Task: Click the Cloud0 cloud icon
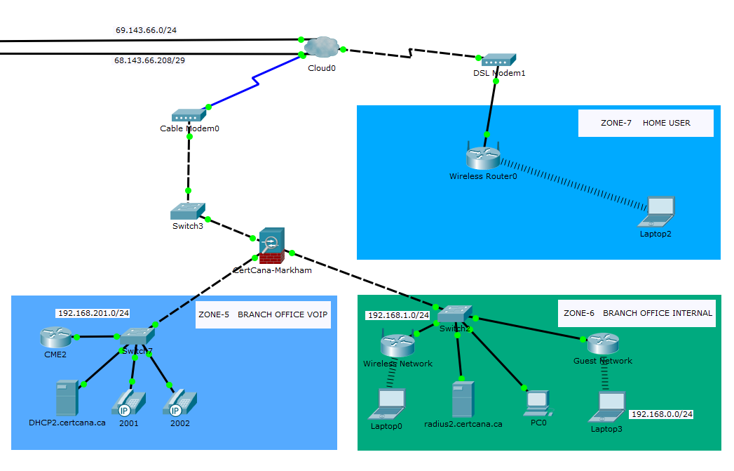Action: [321, 48]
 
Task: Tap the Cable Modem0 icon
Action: [187, 116]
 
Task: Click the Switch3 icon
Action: [187, 211]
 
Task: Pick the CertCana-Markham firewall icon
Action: [271, 245]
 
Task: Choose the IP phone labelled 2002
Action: [175, 403]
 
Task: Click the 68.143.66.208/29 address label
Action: [149, 60]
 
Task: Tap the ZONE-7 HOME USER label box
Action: [646, 123]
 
